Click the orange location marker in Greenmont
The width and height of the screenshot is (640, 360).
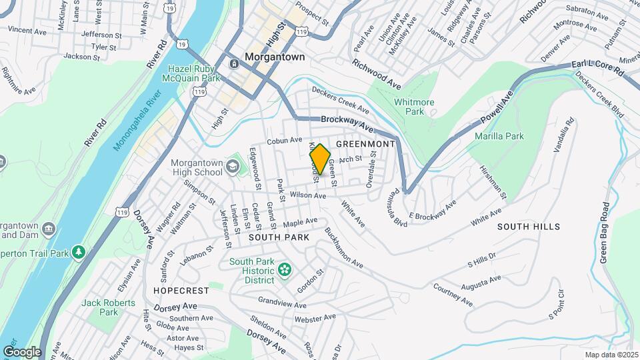[320, 159]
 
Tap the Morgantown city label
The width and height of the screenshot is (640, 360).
[275, 57]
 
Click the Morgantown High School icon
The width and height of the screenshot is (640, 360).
[233, 165]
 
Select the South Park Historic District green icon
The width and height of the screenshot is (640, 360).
[286, 269]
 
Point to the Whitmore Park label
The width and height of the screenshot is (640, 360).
[414, 107]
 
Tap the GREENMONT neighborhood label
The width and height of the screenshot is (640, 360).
[365, 143]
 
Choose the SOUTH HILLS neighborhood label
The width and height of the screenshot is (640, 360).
[529, 227]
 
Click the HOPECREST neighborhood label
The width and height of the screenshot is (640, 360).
[177, 291]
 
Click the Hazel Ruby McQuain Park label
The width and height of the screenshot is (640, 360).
[193, 73]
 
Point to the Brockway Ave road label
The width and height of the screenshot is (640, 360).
[347, 123]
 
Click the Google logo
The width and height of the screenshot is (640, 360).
[22, 351]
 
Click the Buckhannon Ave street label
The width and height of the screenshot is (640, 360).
[344, 249]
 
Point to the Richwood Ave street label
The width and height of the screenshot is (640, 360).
[377, 75]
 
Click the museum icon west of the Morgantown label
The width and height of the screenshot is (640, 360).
[235, 64]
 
